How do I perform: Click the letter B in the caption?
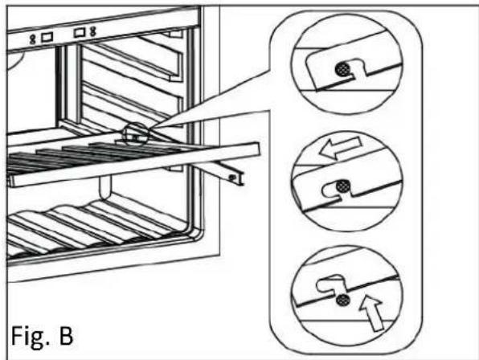(66, 335)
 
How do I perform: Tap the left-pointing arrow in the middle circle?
(339, 147)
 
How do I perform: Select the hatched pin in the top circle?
(342, 70)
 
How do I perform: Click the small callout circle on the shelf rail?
(136, 134)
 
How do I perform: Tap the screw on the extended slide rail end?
(232, 177)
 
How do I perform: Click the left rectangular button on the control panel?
(47, 38)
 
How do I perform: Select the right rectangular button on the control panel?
(80, 32)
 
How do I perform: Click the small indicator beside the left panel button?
(32, 39)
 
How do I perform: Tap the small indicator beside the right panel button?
(93, 31)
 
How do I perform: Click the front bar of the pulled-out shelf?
(134, 166)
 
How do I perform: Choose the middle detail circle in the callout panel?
(347, 181)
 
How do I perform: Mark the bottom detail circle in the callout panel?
(347, 297)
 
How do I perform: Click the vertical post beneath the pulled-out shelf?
(104, 186)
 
